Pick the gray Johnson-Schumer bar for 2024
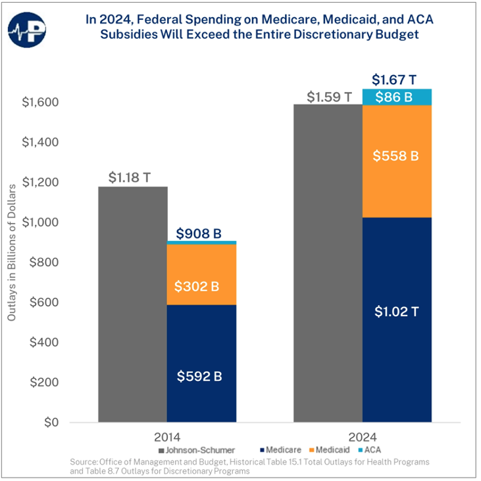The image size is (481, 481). click(x=327, y=264)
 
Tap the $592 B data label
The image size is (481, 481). click(x=200, y=376)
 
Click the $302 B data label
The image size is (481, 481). click(x=200, y=287)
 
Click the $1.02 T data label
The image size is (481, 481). click(x=396, y=311)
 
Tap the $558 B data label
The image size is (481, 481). click(x=396, y=156)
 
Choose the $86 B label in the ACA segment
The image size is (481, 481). click(x=396, y=98)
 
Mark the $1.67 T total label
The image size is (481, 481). click(x=394, y=80)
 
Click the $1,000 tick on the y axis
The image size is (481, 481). click(x=41, y=223)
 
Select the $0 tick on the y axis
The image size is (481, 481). click(x=50, y=422)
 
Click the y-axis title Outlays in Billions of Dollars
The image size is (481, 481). click(x=12, y=262)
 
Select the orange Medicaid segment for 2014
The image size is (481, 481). click(x=200, y=264)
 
